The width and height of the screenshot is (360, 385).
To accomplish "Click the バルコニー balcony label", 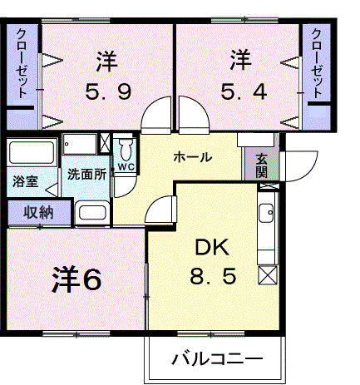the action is coord(217,359).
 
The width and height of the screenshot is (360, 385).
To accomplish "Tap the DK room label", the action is coord(213,248).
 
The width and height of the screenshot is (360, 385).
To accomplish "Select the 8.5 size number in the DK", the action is coord(213,276).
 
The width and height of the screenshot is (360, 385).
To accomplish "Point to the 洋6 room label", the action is coord(76,279).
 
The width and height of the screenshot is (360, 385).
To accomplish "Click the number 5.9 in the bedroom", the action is coord(108,92).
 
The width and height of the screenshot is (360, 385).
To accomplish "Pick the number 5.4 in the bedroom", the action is coord(244,91).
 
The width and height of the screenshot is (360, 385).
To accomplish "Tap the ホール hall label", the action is coord(193,157).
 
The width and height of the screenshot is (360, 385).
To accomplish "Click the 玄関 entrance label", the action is coord(261,165).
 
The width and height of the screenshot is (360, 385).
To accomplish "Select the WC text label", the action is coord(126,167).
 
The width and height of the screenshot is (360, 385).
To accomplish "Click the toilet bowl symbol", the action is coord(126,149).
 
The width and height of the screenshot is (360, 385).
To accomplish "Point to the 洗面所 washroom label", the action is coord(86,175).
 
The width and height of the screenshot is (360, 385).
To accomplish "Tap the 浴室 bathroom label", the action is coord(25,181).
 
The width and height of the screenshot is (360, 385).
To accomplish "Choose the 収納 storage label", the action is coord(38,213).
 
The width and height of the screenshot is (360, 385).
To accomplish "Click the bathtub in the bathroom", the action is coord(32,153).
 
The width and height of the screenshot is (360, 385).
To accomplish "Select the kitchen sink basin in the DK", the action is coord(266,213).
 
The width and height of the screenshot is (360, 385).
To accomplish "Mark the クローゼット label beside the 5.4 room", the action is coord(317,63).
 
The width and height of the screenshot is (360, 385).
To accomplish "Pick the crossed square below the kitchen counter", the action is coord(268,275).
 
